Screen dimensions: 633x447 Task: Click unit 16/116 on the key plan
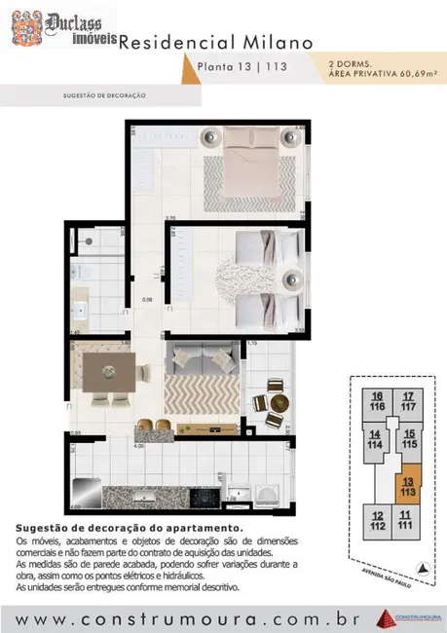(377, 401)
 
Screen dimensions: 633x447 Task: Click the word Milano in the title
(283, 43)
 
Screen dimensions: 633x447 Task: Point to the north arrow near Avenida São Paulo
(422, 567)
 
